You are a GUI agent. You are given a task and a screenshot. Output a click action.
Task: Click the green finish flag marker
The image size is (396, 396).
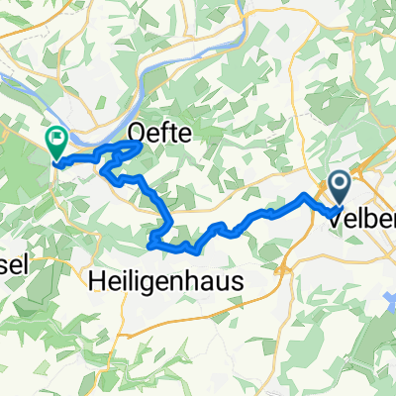pyautogui.click(x=56, y=144)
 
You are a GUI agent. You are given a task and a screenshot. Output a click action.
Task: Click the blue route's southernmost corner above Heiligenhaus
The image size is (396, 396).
pyautogui.click(x=151, y=244)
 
